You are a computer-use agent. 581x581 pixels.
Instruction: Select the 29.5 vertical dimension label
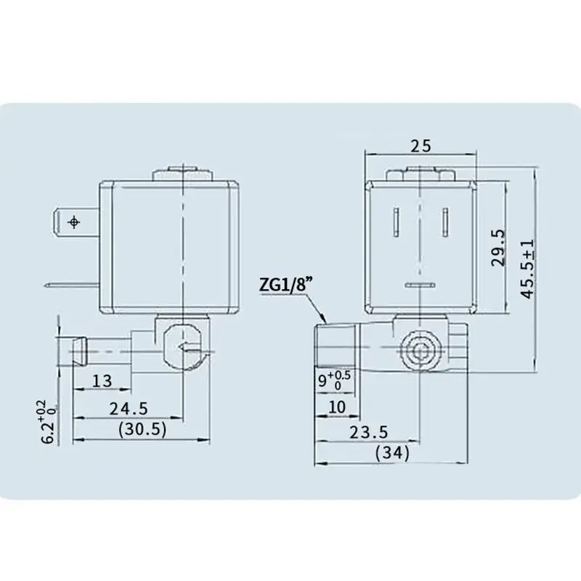[497, 248]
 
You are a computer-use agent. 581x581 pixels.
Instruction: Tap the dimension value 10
[337, 407]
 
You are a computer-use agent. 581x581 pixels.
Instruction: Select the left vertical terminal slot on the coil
[397, 222]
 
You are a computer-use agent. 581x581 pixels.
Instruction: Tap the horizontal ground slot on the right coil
[419, 284]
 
